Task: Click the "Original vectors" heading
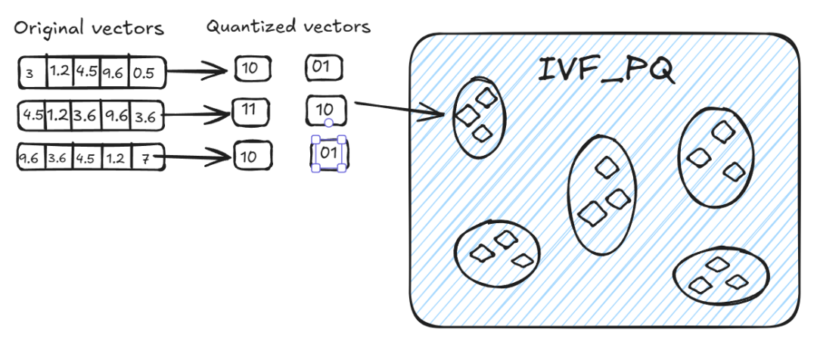(89, 29)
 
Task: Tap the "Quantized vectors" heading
(288, 27)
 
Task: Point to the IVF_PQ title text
(605, 71)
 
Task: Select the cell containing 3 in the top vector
(32, 73)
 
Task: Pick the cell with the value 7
(147, 158)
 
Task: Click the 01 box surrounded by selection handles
(329, 154)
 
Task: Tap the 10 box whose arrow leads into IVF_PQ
(326, 111)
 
